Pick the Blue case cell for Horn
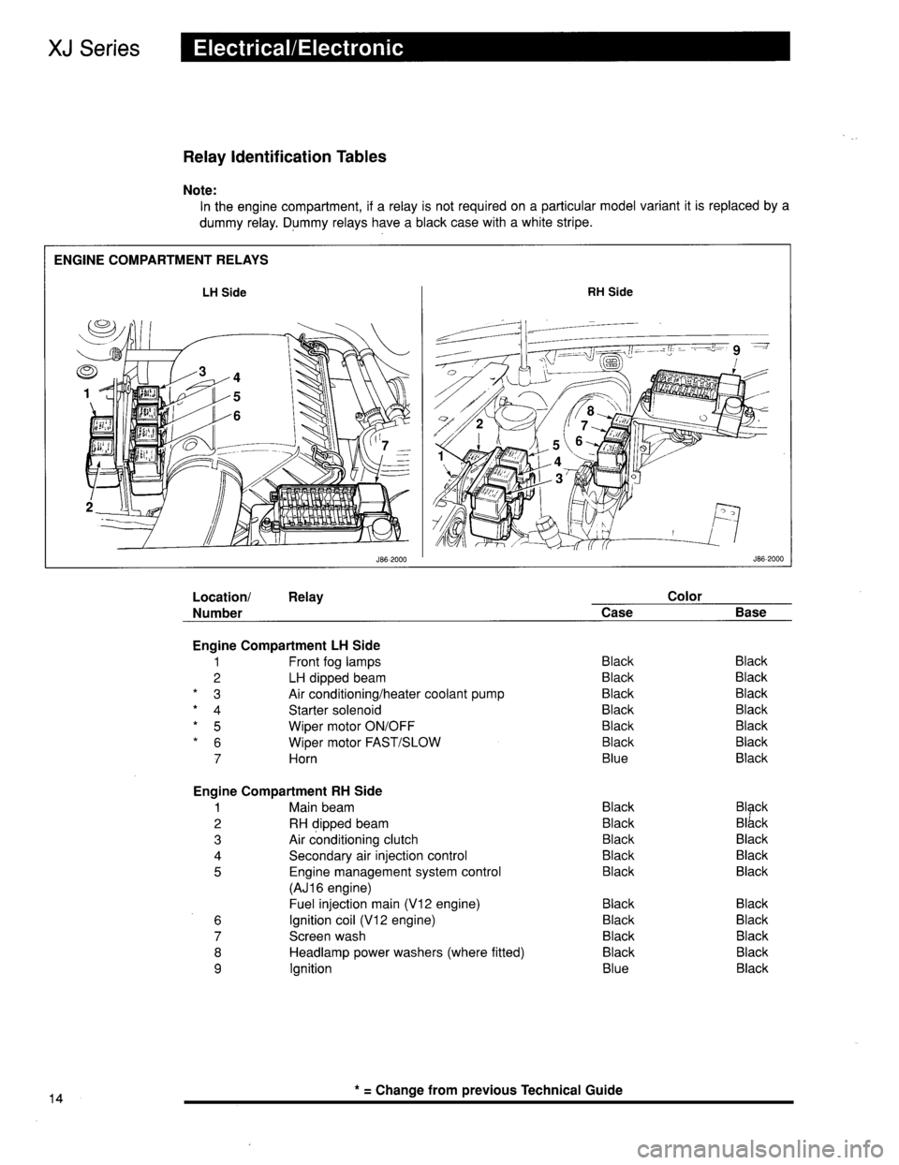click(x=616, y=758)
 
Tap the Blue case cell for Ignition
click(x=616, y=968)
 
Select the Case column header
click(x=616, y=612)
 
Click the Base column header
click(x=751, y=612)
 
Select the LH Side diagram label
click(x=225, y=292)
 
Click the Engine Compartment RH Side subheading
click(x=287, y=790)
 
